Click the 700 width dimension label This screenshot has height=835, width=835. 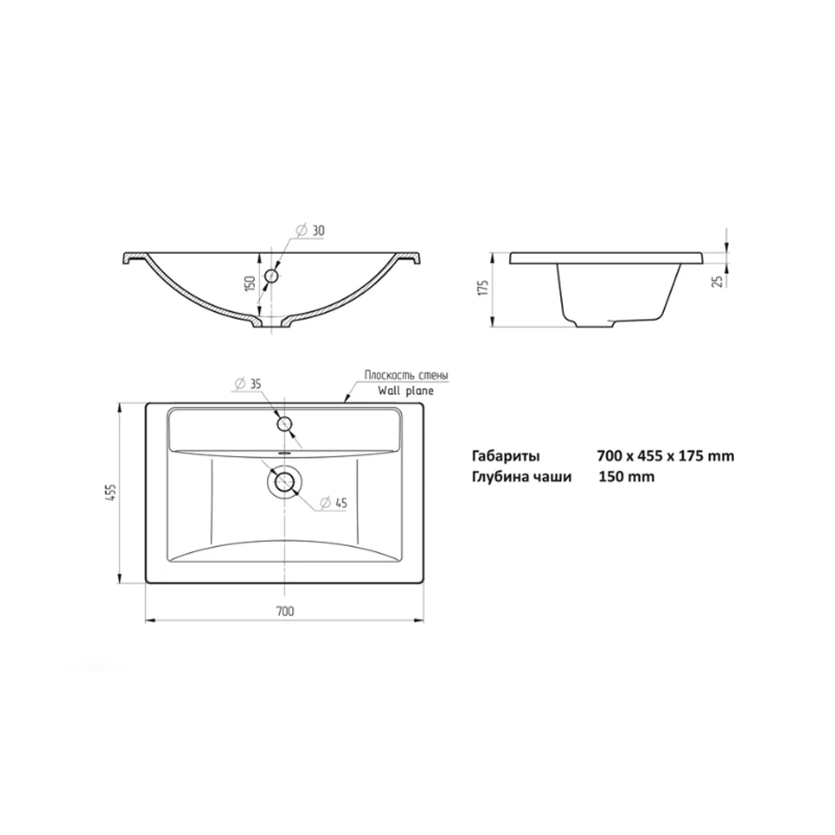point(285,611)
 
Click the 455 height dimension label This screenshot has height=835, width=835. point(112,493)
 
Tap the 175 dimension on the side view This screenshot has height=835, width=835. point(483,287)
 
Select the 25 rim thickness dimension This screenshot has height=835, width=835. point(718,281)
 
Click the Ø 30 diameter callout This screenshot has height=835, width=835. point(310,230)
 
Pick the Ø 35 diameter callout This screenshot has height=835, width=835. point(247,383)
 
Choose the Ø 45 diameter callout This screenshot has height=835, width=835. point(333,503)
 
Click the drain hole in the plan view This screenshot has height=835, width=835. point(285,483)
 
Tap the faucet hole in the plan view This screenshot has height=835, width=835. point(285,424)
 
